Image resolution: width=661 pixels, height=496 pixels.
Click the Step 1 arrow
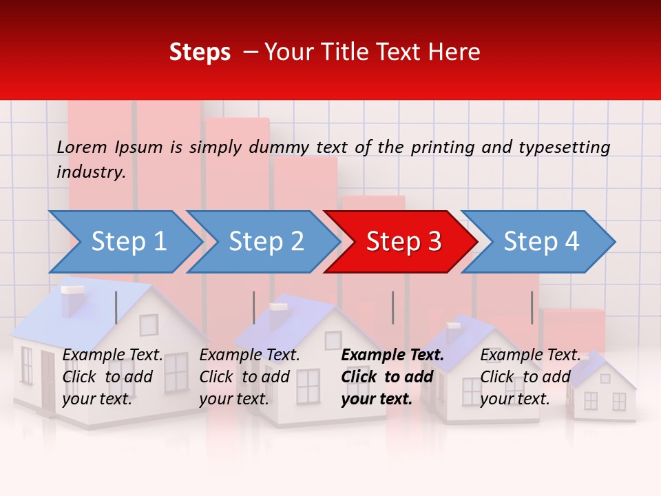pyautogui.click(x=128, y=241)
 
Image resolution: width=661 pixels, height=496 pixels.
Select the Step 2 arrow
pyautogui.click(x=266, y=241)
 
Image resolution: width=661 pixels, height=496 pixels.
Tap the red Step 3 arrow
pyautogui.click(x=403, y=241)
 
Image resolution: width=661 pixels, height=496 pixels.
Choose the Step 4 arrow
pyautogui.click(x=541, y=241)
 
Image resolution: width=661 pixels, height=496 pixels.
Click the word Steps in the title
pyautogui.click(x=200, y=52)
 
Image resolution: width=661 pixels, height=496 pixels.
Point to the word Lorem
pyautogui.click(x=82, y=147)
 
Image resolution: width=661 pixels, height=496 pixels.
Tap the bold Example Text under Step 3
pyautogui.click(x=392, y=355)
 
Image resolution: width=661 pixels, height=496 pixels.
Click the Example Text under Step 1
pyautogui.click(x=112, y=355)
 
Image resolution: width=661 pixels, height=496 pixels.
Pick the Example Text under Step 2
pyautogui.click(x=249, y=355)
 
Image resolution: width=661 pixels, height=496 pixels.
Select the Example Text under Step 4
pyautogui.click(x=530, y=355)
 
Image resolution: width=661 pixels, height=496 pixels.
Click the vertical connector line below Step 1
pyautogui.click(x=116, y=307)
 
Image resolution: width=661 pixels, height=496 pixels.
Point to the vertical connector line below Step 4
pyautogui.click(x=532, y=307)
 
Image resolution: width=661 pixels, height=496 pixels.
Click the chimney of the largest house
pyautogui.click(x=72, y=300)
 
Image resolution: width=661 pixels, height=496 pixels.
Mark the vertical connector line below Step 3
pyautogui.click(x=393, y=307)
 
